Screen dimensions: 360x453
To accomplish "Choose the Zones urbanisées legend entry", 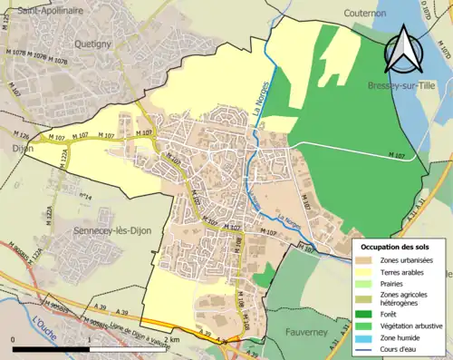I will [408, 260].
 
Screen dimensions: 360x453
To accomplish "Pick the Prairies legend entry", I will [397, 282].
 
